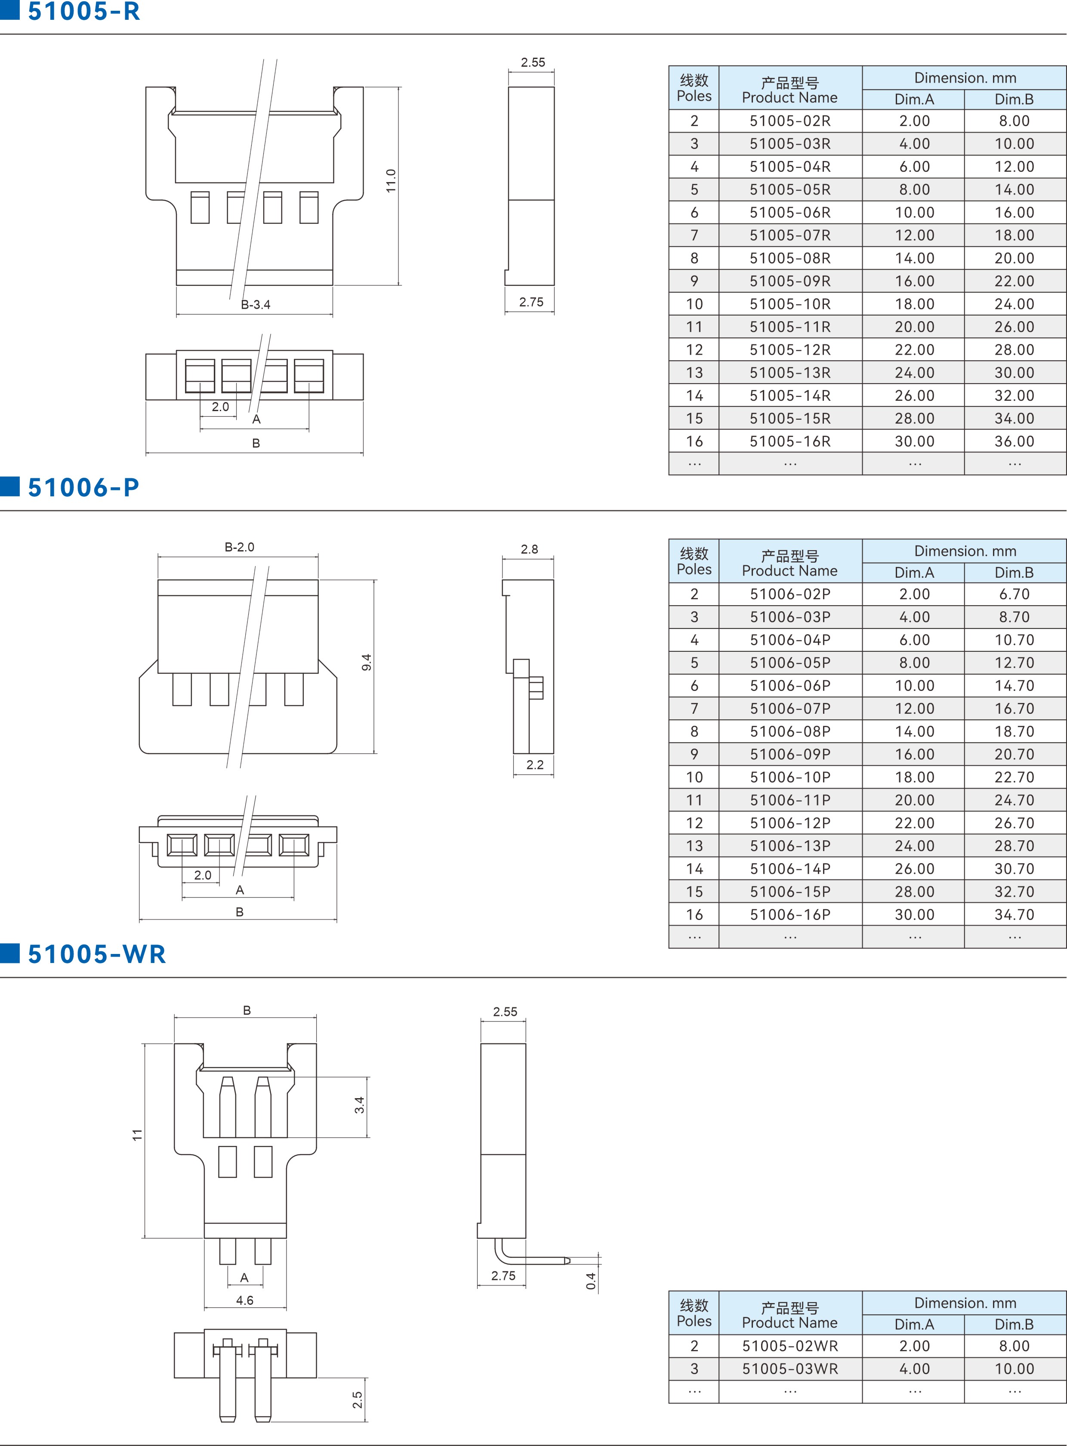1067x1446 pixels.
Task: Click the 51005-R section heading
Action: [x=84, y=11]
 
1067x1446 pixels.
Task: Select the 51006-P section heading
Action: [x=83, y=487]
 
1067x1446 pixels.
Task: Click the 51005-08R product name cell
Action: [x=790, y=258]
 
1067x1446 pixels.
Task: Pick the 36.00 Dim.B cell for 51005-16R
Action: [x=1014, y=441]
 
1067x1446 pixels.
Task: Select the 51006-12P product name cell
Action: [x=790, y=823]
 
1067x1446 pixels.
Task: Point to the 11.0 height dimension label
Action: [x=391, y=181]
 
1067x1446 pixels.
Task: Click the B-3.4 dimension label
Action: [x=256, y=304]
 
